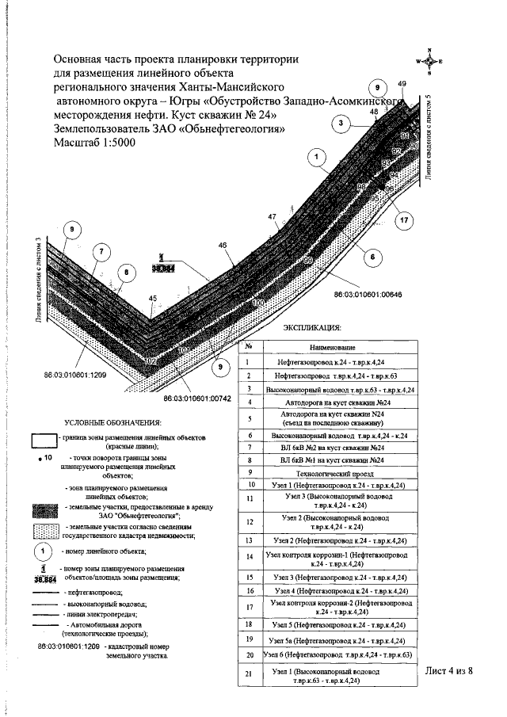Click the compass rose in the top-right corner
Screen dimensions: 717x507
(x=429, y=61)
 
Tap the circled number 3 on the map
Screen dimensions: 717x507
(x=341, y=124)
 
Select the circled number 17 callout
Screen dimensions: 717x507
(x=405, y=220)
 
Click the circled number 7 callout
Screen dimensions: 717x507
(x=101, y=253)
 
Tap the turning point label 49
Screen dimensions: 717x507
(x=402, y=84)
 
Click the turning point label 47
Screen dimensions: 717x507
(x=272, y=216)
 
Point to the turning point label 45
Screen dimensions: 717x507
(x=153, y=298)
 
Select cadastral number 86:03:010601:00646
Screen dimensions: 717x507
(x=368, y=295)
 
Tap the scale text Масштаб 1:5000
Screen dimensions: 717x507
(x=93, y=143)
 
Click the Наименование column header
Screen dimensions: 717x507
(x=332, y=346)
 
